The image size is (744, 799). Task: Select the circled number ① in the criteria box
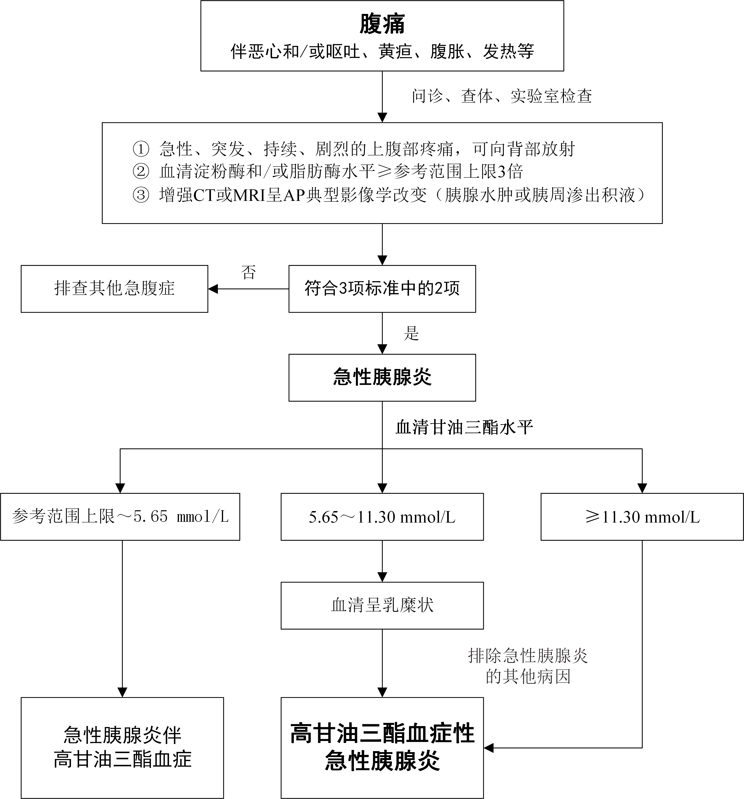click(x=141, y=149)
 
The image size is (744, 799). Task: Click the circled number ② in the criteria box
click(x=141, y=172)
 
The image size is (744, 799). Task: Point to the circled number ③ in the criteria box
click(x=141, y=195)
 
